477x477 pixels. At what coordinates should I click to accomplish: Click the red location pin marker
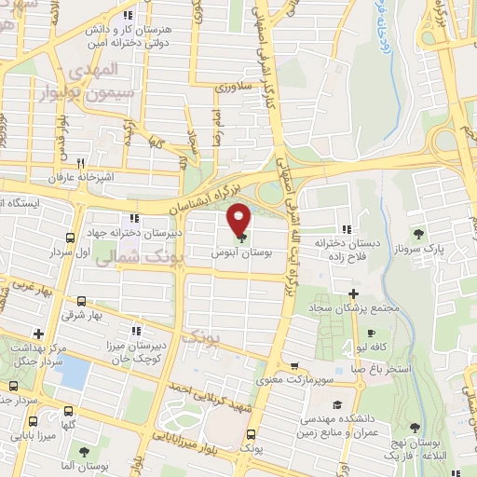pos(239,219)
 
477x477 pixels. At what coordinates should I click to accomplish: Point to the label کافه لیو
pos(392,347)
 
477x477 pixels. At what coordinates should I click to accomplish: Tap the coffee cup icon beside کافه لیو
pos(370,333)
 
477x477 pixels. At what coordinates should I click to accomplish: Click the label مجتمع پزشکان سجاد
pos(366,308)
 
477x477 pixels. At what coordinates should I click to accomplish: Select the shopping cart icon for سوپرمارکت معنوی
pos(295,365)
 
